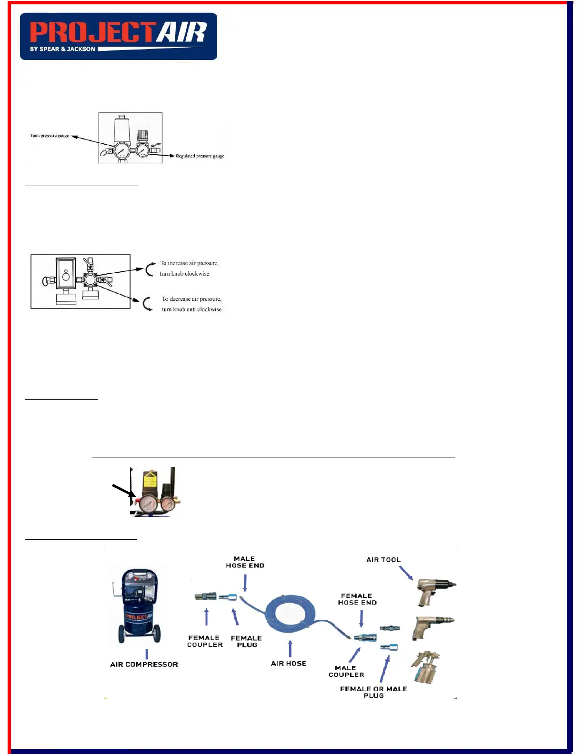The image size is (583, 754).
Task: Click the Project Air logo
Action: point(118,36)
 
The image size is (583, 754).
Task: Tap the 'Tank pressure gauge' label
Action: point(50,136)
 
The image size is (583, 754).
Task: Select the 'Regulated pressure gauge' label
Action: point(200,156)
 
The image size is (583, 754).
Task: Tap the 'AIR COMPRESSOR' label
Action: point(144,665)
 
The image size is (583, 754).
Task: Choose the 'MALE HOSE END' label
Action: point(245,562)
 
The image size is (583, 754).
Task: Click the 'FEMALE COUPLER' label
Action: point(205,641)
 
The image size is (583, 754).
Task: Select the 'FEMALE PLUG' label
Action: point(246,641)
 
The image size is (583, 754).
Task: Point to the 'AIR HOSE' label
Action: point(289,664)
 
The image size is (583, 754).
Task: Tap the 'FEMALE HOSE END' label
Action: point(357,599)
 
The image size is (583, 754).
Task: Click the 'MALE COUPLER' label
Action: point(346,671)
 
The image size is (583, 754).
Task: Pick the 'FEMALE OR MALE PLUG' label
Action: point(373,692)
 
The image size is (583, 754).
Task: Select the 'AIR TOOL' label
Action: point(383,560)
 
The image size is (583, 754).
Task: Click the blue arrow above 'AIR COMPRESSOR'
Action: point(147,654)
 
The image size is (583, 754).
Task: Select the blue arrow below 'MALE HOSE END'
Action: point(245,583)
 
